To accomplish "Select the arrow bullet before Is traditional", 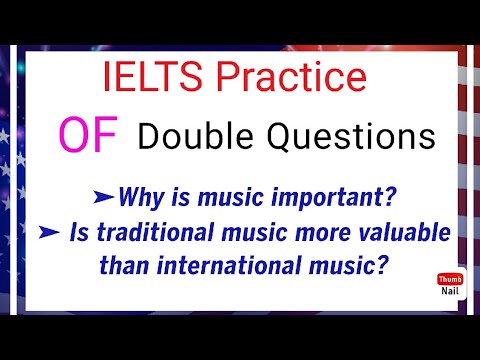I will coord(77,233).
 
